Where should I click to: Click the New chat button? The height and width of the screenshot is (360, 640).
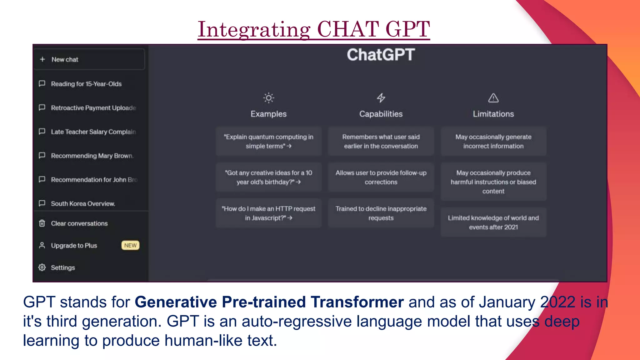[89, 59]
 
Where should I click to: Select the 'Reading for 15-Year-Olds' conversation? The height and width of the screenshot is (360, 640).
[86, 84]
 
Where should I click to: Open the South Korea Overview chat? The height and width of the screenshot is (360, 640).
[83, 204]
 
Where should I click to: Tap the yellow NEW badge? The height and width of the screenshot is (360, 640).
[130, 245]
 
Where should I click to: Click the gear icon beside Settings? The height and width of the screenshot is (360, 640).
[42, 267]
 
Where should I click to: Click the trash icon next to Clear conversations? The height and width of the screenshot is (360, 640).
[42, 223]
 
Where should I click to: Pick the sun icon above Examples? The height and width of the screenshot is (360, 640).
[268, 98]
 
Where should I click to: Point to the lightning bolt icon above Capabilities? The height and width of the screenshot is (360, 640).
[381, 98]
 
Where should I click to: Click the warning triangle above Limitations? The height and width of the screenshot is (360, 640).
[493, 98]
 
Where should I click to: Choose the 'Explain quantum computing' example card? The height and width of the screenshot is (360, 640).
[268, 141]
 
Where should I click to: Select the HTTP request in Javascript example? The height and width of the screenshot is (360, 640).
[268, 213]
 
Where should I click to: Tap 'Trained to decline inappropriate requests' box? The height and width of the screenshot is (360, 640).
[381, 213]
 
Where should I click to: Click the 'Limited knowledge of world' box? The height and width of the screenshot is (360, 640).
[493, 222]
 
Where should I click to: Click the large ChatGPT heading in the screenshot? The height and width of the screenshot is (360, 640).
[381, 55]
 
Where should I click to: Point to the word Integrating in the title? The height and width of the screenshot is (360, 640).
[254, 29]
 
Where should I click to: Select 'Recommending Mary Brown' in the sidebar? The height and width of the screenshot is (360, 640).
[92, 156]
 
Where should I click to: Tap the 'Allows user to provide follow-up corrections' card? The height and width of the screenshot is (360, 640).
[381, 177]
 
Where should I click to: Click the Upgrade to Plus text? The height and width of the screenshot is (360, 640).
[74, 246]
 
